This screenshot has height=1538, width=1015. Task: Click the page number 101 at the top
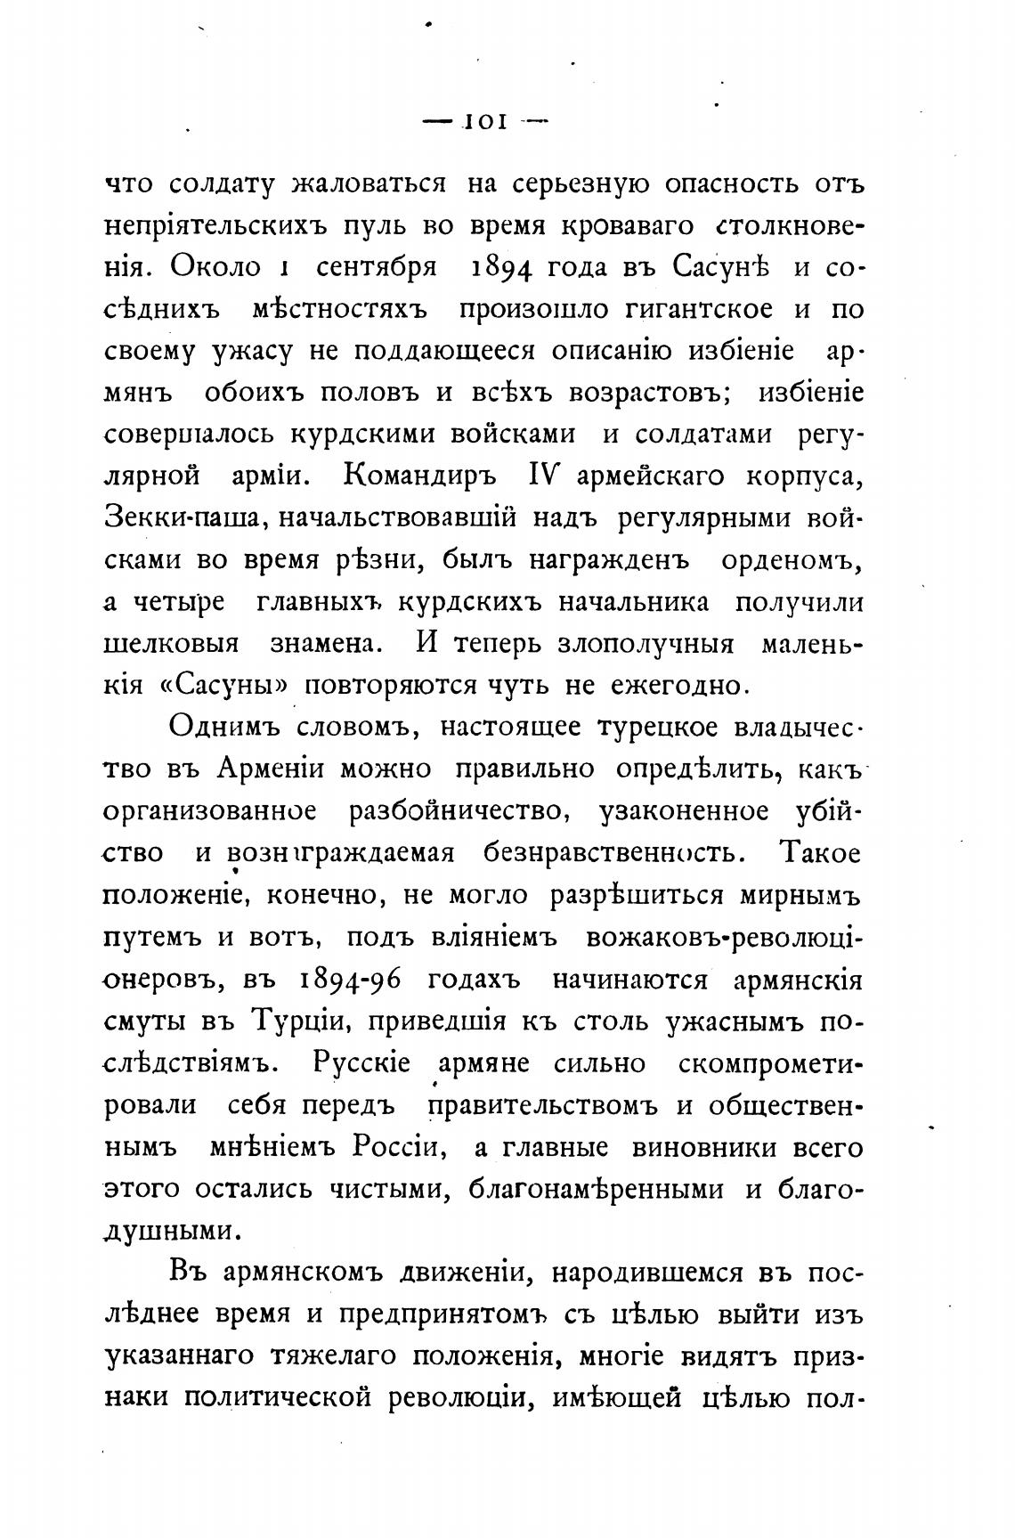484,123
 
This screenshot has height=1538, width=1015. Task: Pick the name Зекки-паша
181,518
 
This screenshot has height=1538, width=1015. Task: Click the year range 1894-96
348,980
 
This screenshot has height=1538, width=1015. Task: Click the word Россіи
399,1147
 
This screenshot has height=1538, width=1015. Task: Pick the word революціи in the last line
457,1399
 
